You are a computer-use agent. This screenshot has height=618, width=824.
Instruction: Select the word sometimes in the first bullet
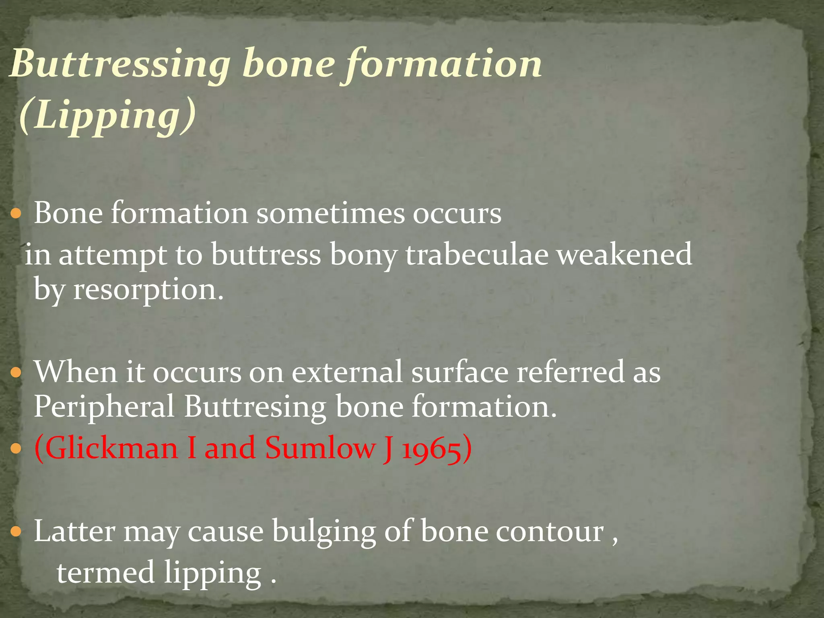click(x=330, y=213)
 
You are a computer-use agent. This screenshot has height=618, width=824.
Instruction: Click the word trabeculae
click(x=476, y=254)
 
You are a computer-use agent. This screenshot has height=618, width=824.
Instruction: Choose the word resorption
click(x=148, y=289)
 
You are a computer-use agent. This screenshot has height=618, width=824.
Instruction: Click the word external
click(x=346, y=372)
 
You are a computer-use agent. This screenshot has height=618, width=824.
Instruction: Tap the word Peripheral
click(x=104, y=407)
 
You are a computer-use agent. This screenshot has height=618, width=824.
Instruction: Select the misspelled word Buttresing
click(x=255, y=407)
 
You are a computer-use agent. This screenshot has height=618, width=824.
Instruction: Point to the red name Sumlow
click(x=320, y=448)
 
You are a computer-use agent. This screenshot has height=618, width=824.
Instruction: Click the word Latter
click(x=74, y=531)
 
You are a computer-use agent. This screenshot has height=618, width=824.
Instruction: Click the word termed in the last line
click(x=105, y=572)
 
